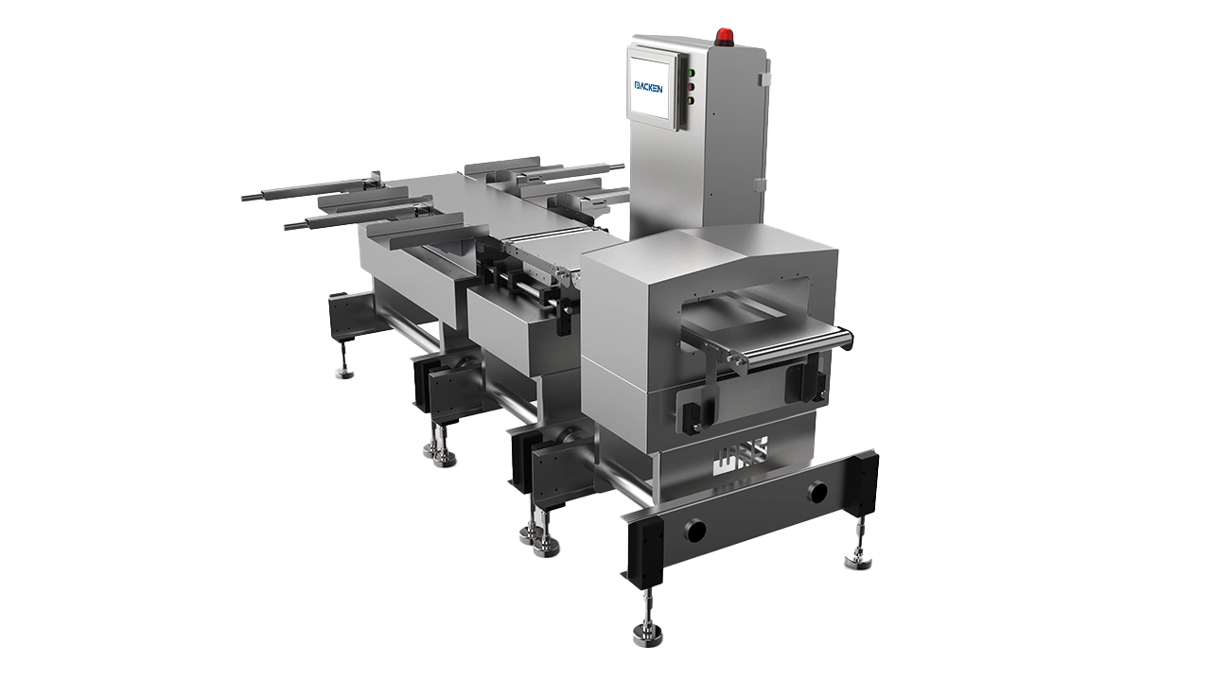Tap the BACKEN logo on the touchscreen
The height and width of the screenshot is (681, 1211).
pos(648,87)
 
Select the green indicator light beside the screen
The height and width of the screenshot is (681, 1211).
pos(691,73)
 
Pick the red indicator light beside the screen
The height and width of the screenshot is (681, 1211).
pos(691,86)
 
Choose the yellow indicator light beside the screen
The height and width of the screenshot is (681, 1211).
pos(691,100)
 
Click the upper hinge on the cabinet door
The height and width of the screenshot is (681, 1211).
pos(763,79)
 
